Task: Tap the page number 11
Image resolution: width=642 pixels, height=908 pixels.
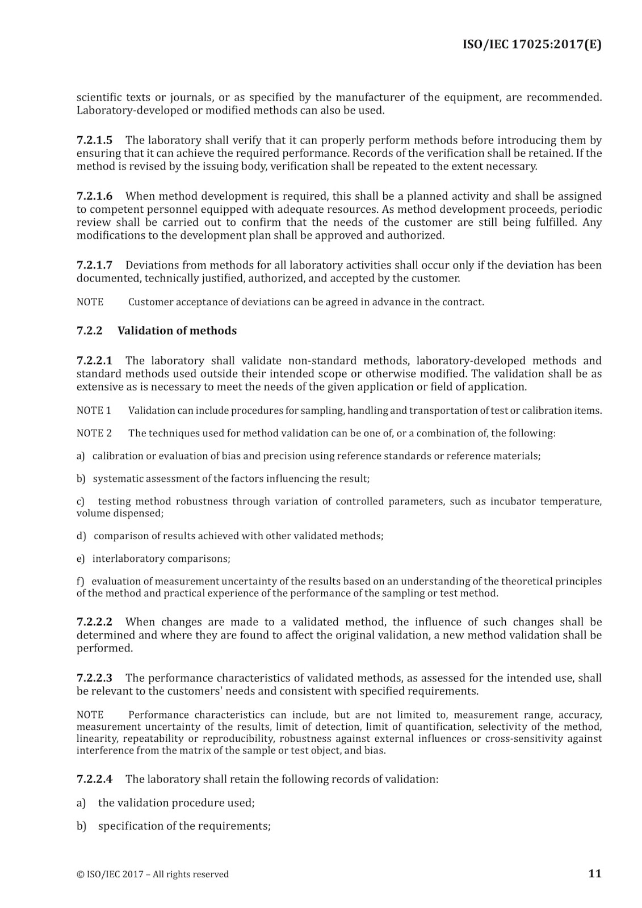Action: tap(594, 873)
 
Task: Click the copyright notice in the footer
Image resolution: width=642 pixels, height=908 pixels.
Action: tap(153, 874)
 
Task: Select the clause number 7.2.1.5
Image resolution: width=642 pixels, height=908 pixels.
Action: tap(94, 140)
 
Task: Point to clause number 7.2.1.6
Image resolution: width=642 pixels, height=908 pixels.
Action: tap(94, 196)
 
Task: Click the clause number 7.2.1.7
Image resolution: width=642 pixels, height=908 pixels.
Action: tap(94, 265)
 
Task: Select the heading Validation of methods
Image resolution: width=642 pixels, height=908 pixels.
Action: tap(177, 331)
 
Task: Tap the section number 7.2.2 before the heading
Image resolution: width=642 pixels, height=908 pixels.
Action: tap(89, 331)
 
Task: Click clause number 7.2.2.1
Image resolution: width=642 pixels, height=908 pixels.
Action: tap(94, 361)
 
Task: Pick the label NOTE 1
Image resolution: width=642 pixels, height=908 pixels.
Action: tap(94, 410)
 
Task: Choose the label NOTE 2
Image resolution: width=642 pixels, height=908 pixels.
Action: tap(94, 433)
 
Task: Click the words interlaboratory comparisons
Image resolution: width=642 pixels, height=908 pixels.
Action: tap(161, 558)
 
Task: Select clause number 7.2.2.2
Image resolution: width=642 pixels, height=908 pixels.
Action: tap(94, 622)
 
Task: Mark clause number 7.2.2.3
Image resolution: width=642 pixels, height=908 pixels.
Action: tap(94, 678)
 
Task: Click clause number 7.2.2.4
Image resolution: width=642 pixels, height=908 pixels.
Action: tap(94, 779)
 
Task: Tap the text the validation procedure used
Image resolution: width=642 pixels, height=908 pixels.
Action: tap(176, 803)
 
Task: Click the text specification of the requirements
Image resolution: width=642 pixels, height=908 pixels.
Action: tap(184, 826)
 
